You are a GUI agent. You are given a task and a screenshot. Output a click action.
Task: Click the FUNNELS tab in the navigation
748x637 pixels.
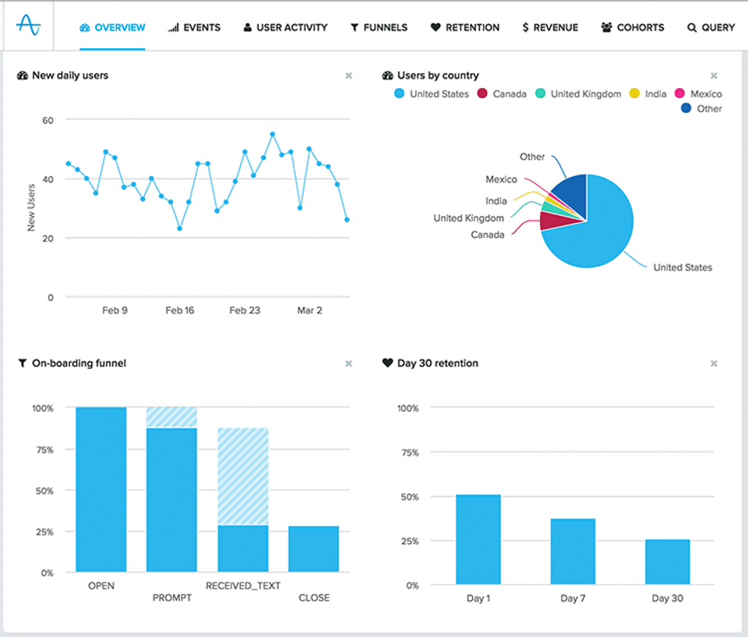[379, 28]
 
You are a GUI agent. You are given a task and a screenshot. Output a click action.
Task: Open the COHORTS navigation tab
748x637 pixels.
[632, 28]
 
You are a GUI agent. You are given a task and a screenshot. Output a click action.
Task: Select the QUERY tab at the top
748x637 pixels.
[711, 28]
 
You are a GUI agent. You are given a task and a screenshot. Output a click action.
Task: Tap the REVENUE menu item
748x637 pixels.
[550, 28]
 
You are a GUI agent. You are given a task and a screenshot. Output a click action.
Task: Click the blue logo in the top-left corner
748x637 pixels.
[29, 25]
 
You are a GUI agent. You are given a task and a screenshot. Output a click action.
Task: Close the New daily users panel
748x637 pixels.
[349, 76]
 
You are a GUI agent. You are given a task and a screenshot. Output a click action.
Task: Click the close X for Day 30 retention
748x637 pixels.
[714, 363]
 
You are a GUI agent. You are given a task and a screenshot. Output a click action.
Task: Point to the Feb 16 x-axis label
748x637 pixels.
[180, 310]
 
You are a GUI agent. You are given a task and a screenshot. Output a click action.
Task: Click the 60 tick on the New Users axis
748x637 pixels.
[48, 120]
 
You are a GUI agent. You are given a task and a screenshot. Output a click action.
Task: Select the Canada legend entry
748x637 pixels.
[502, 94]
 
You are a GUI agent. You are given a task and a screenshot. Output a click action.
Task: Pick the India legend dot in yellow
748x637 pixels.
[634, 93]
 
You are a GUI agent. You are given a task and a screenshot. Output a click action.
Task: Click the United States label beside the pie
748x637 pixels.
[683, 267]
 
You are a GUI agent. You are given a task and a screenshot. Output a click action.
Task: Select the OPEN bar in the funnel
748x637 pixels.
[101, 490]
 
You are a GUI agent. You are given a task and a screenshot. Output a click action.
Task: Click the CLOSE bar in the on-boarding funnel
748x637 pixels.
[313, 549]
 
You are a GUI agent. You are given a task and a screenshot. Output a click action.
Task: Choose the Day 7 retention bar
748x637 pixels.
[573, 551]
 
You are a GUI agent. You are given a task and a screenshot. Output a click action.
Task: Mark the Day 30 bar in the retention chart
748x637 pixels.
[668, 561]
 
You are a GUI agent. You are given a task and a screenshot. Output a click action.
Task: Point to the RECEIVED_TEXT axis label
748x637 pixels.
[243, 586]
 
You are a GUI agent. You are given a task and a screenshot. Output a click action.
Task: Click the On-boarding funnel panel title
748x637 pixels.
[79, 363]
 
